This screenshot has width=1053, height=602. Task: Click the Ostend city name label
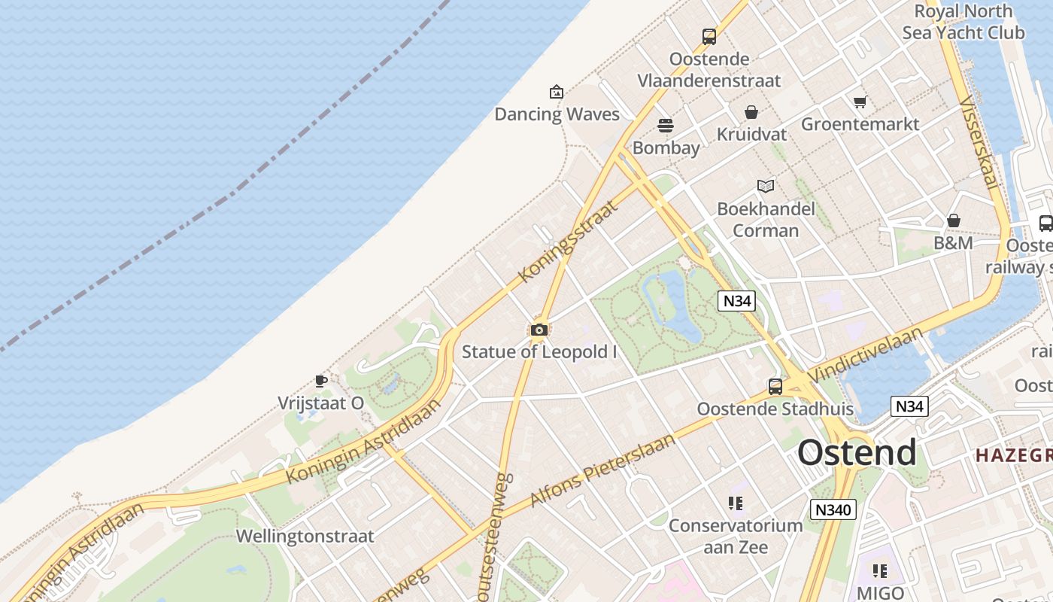(857, 452)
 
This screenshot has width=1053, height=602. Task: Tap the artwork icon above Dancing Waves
(556, 92)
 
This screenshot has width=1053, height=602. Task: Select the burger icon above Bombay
(666, 125)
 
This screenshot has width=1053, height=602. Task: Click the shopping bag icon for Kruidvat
(751, 113)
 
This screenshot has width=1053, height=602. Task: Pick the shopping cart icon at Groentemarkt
(860, 102)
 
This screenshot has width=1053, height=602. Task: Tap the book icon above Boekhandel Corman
(766, 186)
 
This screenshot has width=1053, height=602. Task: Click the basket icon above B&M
(953, 220)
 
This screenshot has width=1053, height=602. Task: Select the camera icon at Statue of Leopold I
(539, 330)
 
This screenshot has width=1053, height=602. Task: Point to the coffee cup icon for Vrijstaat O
(320, 381)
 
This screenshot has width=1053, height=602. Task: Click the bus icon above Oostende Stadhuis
(775, 387)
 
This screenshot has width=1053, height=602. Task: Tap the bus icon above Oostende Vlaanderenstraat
(709, 36)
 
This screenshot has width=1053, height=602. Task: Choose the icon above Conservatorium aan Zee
(735, 503)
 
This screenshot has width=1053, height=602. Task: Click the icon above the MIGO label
(879, 571)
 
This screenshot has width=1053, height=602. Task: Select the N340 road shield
(833, 509)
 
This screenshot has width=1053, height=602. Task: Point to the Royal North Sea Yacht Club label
(963, 22)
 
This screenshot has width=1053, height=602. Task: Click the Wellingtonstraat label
(305, 537)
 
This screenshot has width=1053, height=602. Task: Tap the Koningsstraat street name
(568, 242)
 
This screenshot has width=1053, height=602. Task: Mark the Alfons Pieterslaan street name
(602, 470)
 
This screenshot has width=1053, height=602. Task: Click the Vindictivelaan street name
(866, 355)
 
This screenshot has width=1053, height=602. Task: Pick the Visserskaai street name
(979, 142)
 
